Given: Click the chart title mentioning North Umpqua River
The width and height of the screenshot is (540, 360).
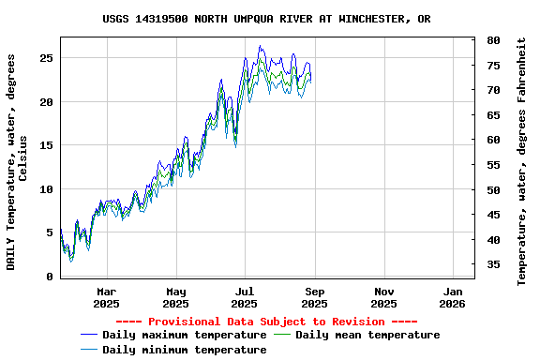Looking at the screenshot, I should click(266, 19).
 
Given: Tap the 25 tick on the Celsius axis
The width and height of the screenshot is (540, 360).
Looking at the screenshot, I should click(46, 58).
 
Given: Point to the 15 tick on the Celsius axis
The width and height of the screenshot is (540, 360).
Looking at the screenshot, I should click(46, 145).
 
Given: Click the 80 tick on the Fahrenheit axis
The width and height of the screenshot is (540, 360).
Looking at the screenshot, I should click(493, 40).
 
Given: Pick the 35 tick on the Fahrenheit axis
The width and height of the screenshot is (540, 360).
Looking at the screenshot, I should click(493, 264).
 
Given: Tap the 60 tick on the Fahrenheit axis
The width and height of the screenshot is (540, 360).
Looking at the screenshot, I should click(493, 140).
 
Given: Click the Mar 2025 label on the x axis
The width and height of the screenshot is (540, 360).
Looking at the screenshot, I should click(107, 297).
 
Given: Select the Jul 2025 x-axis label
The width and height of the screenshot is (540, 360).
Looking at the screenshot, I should click(245, 297).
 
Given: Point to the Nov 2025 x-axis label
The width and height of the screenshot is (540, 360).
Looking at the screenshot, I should click(383, 297).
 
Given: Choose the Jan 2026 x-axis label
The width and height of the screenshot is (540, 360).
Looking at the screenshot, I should click(453, 297).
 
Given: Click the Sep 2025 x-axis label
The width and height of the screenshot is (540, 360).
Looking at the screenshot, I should click(315, 297).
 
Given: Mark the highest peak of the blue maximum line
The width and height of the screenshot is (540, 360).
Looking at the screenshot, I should click(261, 46).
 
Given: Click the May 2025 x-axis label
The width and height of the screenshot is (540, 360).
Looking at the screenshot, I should click(175, 297).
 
